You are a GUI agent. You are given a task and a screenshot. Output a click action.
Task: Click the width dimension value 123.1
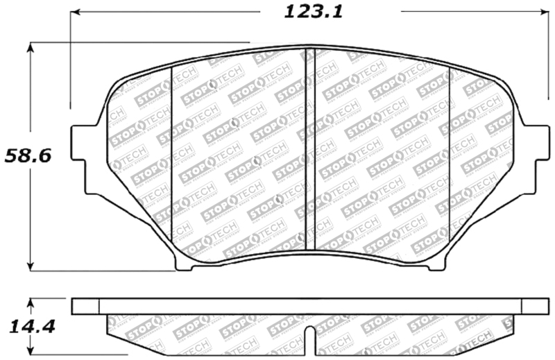(x=305, y=12)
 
